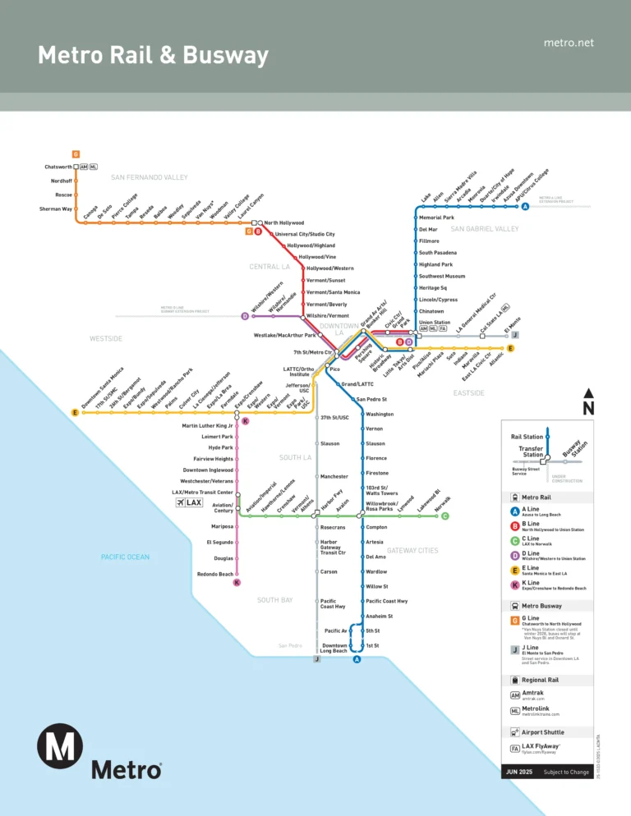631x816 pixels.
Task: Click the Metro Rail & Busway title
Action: (154, 56)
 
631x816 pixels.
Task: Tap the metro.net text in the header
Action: (569, 43)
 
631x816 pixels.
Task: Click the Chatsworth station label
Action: (58, 167)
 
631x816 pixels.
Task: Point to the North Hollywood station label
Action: (283, 222)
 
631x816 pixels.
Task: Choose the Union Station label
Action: (435, 323)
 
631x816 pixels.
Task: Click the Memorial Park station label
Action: (436, 218)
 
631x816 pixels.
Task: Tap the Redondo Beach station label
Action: (214, 574)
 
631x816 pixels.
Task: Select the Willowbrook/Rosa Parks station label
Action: (382, 506)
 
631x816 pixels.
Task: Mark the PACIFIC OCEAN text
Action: (125, 557)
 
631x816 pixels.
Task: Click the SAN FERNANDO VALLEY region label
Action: (150, 177)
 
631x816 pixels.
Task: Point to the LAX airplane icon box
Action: (189, 502)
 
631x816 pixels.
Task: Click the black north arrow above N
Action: (588, 394)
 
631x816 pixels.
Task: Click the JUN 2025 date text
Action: (518, 772)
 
